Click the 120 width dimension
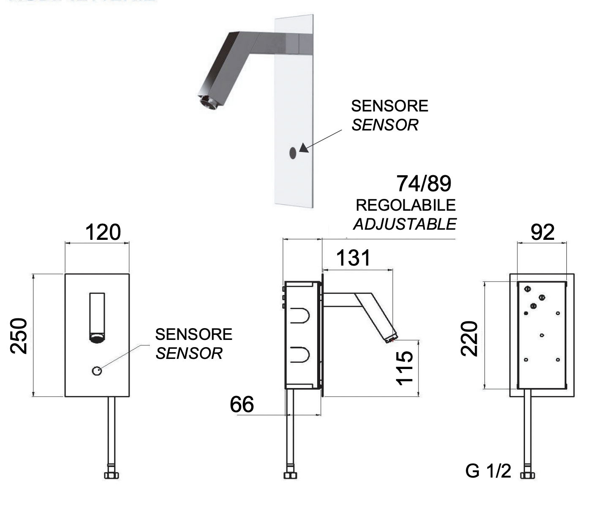(x=103, y=232)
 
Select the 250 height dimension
(x=19, y=336)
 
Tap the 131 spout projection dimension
(x=353, y=258)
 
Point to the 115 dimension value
(x=404, y=367)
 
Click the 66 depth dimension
(x=242, y=405)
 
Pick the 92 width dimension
(x=542, y=232)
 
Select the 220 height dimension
(x=469, y=339)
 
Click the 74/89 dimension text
(x=424, y=184)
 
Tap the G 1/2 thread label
(x=488, y=471)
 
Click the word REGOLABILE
(x=405, y=205)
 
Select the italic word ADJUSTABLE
(x=405, y=224)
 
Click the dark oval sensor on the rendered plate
(x=293, y=153)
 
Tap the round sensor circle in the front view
(x=97, y=371)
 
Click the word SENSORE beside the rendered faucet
(x=389, y=106)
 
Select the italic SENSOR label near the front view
(x=189, y=353)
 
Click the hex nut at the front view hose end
(x=112, y=475)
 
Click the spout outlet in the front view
(x=97, y=337)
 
